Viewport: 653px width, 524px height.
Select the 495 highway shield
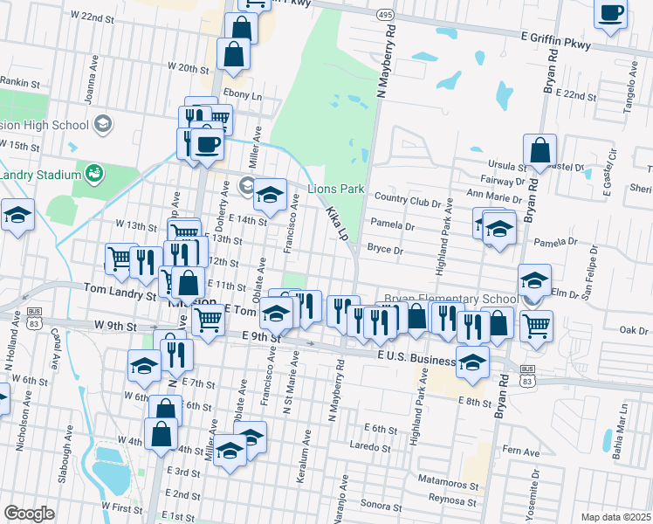[x=385, y=15]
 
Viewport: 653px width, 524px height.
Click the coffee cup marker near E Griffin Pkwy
[x=611, y=14]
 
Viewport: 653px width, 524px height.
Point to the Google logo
[x=29, y=514]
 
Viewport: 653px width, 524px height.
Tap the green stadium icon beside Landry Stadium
[x=93, y=173]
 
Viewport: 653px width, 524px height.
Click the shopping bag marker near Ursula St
[x=540, y=150]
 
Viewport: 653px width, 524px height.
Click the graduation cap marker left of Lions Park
[x=270, y=194]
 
